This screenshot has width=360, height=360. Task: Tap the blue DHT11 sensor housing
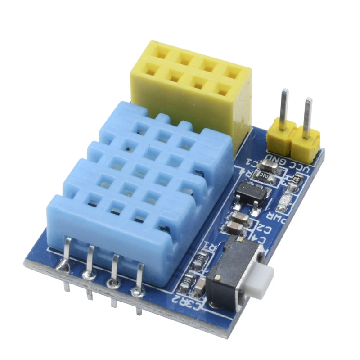(135, 189)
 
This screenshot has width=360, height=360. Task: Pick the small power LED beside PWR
(284, 204)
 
